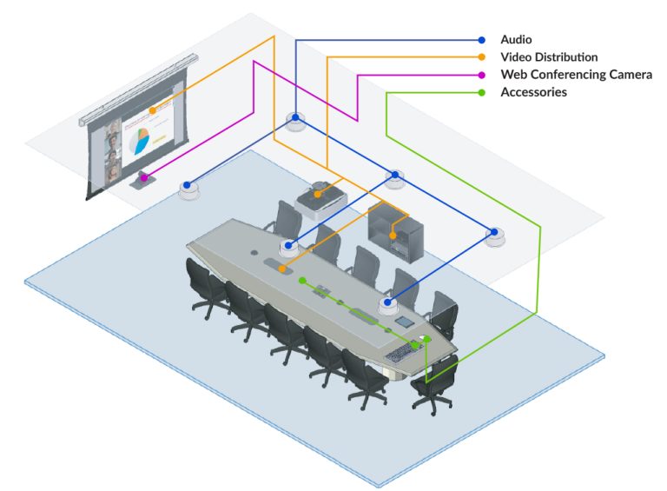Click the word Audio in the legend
click(516, 40)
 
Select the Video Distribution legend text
click(549, 57)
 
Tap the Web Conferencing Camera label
click(576, 75)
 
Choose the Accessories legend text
click(533, 92)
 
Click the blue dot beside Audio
click(482, 40)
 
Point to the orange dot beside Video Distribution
click(482, 57)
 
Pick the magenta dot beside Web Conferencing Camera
click(482, 75)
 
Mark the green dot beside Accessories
click(482, 92)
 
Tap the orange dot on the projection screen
click(153, 110)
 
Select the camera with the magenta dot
click(143, 179)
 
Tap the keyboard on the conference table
click(400, 352)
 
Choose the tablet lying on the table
click(404, 322)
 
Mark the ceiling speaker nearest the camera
click(189, 188)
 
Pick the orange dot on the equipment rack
click(393, 235)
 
